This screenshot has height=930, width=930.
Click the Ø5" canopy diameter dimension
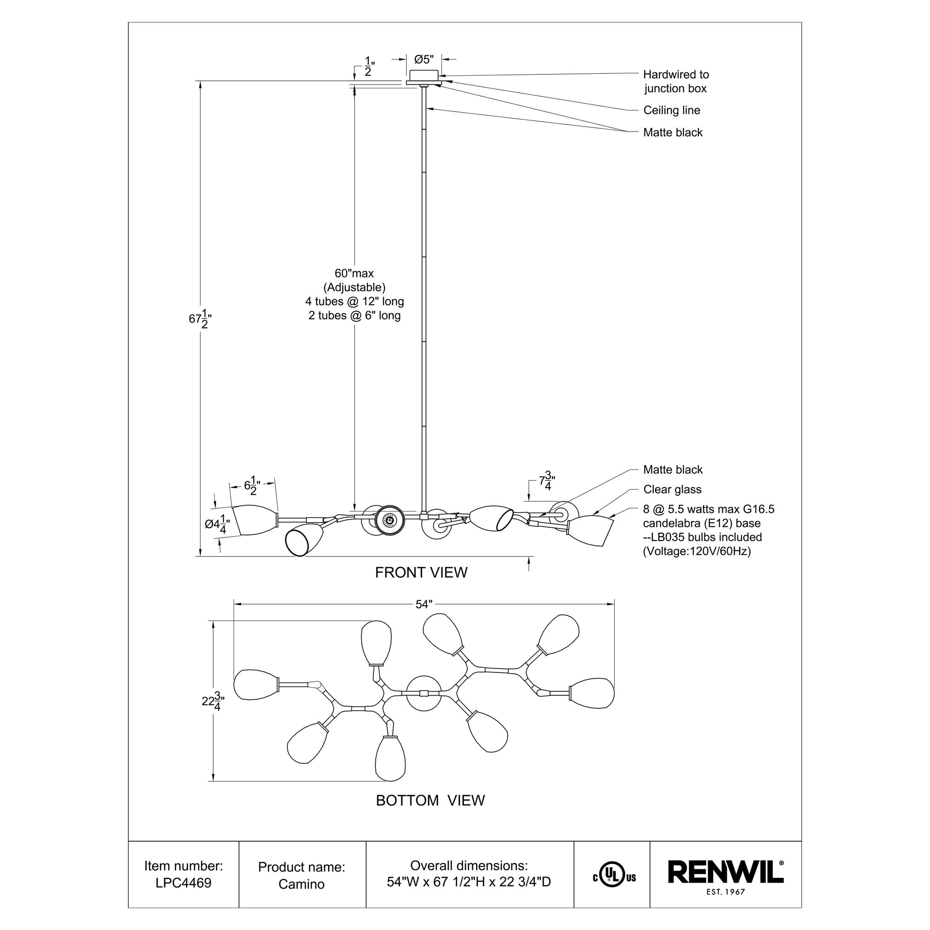(424, 59)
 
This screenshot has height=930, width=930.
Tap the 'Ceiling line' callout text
(671, 110)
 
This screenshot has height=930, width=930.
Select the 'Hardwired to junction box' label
(676, 81)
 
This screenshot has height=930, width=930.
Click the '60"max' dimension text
(354, 273)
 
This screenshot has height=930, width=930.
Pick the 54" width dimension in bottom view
(424, 604)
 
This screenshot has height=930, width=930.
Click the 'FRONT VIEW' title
(421, 572)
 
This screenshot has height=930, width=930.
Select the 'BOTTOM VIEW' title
(430, 800)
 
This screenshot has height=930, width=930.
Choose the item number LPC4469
(183, 883)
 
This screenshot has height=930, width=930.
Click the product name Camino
(301, 884)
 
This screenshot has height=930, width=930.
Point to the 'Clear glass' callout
(672, 490)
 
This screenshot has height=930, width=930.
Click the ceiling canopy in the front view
(423, 76)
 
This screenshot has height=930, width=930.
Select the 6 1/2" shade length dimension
(252, 486)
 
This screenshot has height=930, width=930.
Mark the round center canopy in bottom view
(423, 693)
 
